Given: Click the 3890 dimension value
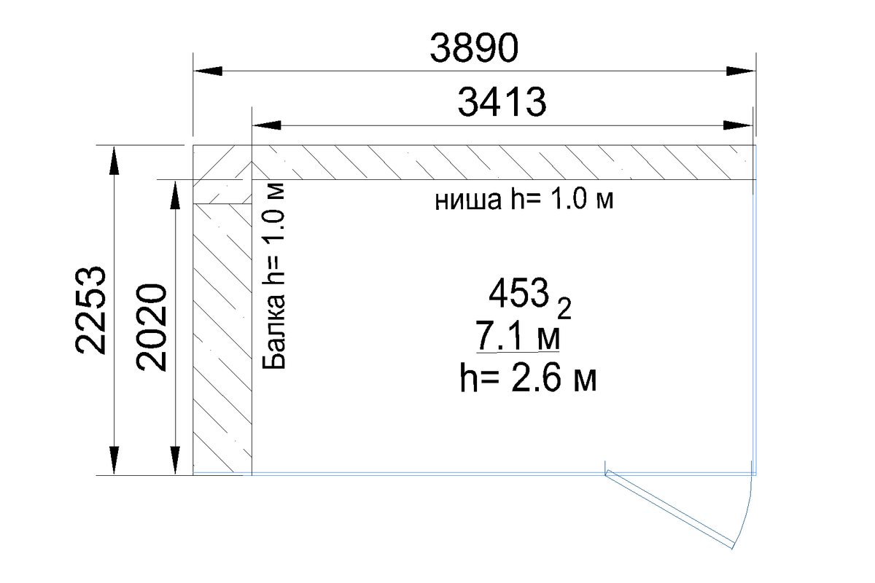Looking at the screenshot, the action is [474, 48].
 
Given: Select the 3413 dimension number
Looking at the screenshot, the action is [502, 102].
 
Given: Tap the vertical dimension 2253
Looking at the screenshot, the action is [90, 310].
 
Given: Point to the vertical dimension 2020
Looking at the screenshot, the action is [151, 326].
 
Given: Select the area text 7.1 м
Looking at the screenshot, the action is [518, 336].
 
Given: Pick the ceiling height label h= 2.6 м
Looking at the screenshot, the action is [528, 377].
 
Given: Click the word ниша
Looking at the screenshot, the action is [468, 201].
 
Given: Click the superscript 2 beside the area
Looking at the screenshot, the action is [564, 309].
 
